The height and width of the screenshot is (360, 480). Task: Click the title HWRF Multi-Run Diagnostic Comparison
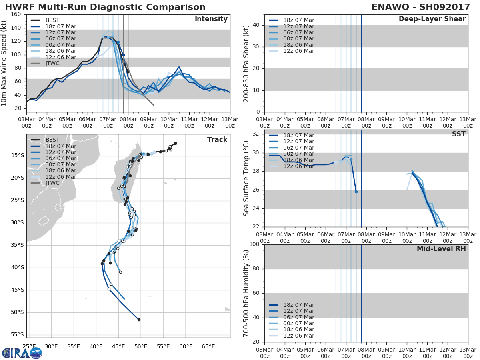105,7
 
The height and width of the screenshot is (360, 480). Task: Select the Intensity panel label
211,19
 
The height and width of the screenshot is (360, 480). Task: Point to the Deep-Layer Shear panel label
432,19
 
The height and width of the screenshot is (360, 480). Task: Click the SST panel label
458,134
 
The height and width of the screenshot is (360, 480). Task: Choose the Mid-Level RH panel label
441,249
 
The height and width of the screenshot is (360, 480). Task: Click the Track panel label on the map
217,140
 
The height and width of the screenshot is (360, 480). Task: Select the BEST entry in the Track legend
52,140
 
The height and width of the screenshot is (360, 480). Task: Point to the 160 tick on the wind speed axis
16,14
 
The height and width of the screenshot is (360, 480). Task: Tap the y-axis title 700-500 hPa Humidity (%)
246,293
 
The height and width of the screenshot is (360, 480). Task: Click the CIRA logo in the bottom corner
22,353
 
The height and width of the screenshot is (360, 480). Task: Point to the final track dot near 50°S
139,320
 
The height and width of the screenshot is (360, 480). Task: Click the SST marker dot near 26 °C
356,192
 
